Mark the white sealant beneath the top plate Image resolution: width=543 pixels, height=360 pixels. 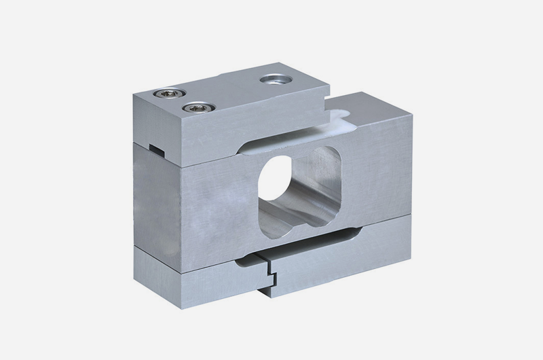coord(339,123)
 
